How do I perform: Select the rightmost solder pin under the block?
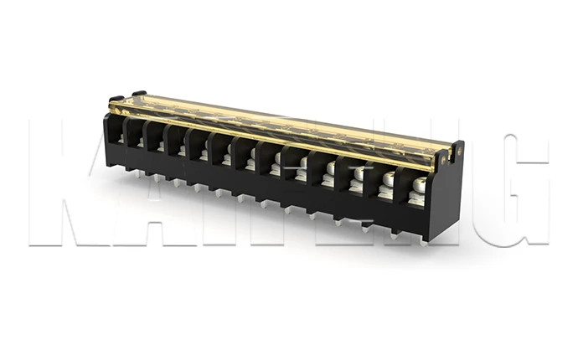pos(421,242)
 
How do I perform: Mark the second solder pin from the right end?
pos(393,235)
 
